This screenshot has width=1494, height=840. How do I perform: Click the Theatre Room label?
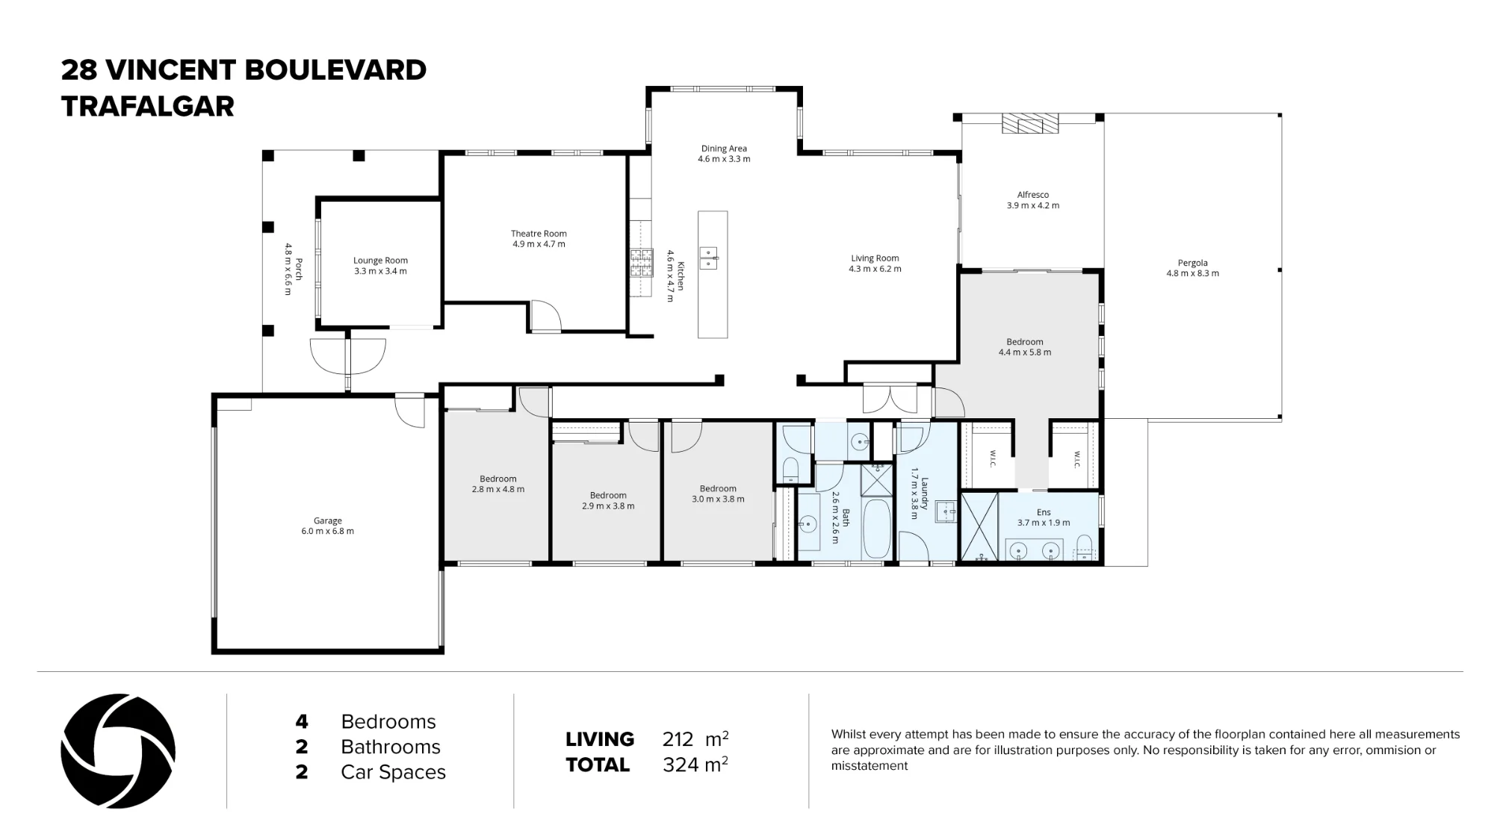539,234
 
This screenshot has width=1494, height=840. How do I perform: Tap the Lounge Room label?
380,261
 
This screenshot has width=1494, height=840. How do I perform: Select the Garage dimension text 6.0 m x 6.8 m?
327,532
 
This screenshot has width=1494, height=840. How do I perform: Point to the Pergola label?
1192,263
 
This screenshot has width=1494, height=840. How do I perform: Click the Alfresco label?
1032,195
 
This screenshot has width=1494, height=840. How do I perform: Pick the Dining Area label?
724,149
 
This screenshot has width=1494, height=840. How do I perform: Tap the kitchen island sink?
708,258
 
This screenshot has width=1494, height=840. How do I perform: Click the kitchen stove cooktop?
641,262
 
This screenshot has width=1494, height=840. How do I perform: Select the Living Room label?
875,258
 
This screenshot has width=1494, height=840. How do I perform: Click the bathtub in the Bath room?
878,529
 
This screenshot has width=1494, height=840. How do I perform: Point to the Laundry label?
924,494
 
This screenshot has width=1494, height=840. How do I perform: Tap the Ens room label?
1044,512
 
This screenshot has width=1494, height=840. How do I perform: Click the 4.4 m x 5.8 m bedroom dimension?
1025,352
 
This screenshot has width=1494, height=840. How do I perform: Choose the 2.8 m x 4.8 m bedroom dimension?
498,490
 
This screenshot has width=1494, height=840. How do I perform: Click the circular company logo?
118,751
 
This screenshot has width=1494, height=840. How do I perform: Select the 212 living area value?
678,739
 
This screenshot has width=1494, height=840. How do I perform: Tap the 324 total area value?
680,765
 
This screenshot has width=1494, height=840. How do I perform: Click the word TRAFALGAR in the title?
148,107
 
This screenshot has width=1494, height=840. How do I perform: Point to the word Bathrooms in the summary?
391,747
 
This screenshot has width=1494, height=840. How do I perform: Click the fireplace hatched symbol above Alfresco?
1030,123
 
